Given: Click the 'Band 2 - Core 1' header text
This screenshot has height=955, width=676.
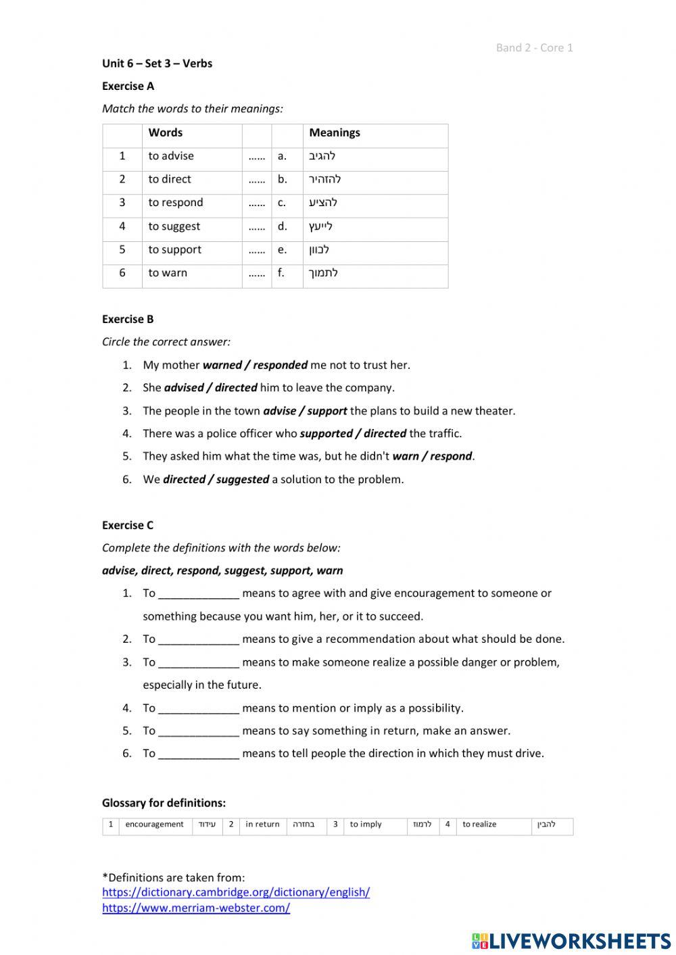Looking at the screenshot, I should tap(534, 47).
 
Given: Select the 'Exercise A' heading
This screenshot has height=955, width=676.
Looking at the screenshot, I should tap(128, 86).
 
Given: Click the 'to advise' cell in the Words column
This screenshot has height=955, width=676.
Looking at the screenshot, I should tap(171, 156).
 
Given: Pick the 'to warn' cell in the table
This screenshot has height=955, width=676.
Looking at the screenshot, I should tap(168, 273).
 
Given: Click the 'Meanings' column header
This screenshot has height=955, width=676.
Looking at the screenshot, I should tap(335, 133).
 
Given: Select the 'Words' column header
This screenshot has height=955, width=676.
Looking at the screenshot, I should tap(166, 133).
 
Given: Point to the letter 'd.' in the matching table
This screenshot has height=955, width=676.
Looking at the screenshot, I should tap(282, 226).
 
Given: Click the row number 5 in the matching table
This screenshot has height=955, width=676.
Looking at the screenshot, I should tap(122, 250).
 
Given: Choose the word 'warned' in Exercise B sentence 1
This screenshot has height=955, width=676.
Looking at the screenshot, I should tap(222, 365).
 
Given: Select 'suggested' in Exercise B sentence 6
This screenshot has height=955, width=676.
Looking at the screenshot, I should tap(243, 480).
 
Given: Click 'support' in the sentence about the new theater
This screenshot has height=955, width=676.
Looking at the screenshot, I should tap(327, 411).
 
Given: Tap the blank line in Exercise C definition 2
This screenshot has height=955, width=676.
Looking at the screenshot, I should tap(199, 639).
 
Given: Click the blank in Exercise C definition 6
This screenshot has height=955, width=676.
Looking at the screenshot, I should tap(199, 754).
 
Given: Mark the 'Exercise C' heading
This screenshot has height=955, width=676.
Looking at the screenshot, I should tap(128, 525).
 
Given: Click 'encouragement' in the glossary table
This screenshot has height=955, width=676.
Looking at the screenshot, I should tap(154, 825).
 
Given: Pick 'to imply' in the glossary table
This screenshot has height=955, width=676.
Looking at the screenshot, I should tap(366, 825).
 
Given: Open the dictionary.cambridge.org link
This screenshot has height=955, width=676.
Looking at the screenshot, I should tap(236, 892).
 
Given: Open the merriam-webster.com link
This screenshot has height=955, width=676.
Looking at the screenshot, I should tap(196, 908).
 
